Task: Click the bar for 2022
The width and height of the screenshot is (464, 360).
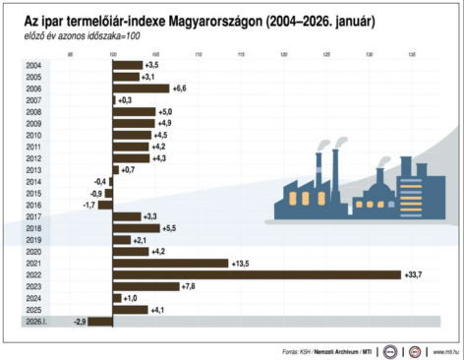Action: click(x=256, y=274)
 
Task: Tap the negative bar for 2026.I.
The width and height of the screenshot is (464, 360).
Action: click(x=100, y=322)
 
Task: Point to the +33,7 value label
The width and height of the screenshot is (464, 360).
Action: click(x=414, y=274)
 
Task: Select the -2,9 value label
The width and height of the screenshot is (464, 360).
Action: click(x=79, y=322)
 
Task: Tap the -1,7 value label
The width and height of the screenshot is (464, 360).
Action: click(x=88, y=205)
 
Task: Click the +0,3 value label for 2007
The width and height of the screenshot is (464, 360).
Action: click(x=125, y=99)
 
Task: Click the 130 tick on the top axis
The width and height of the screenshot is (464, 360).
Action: click(x=370, y=53)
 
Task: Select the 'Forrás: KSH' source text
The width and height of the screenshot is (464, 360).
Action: click(x=296, y=349)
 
